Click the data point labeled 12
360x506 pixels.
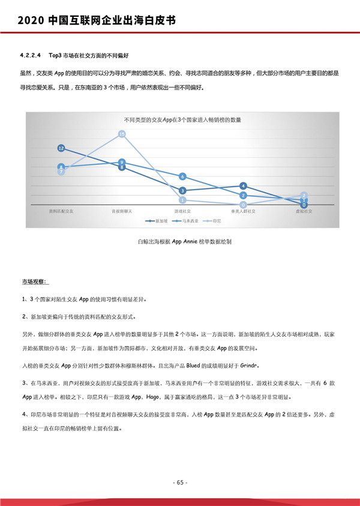[x=61, y=148]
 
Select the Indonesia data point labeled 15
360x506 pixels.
[x=122, y=134]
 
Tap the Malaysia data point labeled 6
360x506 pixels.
[x=182, y=176]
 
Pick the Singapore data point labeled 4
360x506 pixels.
[x=243, y=186]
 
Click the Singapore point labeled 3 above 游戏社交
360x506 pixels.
[x=182, y=191]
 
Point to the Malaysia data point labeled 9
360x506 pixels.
[x=122, y=162]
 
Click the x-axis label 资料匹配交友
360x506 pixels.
[x=61, y=211]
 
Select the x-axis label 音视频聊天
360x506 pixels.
[x=122, y=211]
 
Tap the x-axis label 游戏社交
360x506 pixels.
[x=182, y=211]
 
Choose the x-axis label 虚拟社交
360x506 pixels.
[x=304, y=211]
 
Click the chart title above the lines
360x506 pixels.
[x=182, y=120]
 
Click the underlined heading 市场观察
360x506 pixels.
[x=36, y=281]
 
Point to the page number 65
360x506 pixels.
[x=180, y=482]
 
